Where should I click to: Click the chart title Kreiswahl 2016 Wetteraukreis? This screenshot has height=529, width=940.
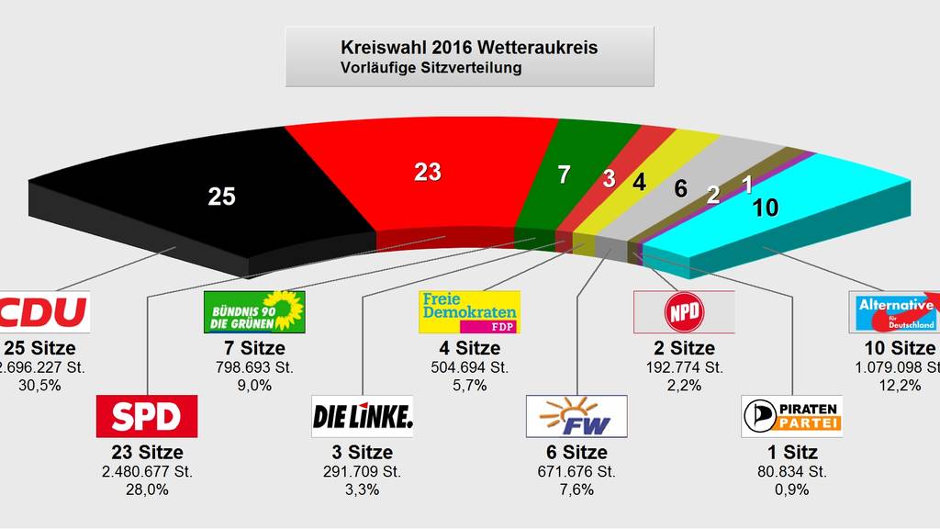click(x=469, y=47)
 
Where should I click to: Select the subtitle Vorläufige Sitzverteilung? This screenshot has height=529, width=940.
click(x=431, y=67)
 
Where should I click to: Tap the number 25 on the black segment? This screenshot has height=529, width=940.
click(x=222, y=196)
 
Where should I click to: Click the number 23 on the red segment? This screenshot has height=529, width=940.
click(x=428, y=172)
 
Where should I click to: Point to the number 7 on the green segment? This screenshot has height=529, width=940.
click(x=564, y=174)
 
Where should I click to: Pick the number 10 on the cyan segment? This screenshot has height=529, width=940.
click(x=765, y=208)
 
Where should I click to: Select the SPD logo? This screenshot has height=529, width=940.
click(x=147, y=417)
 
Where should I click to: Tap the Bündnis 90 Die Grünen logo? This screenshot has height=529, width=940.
click(x=253, y=312)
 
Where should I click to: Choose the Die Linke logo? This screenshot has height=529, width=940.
click(x=363, y=417)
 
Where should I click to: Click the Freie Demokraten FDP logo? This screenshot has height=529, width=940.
click(x=469, y=312)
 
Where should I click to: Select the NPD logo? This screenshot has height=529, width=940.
click(x=685, y=312)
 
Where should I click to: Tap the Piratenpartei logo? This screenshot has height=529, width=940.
click(x=792, y=417)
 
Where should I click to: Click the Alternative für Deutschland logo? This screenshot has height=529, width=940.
click(x=896, y=312)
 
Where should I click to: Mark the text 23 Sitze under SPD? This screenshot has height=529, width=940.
click(x=146, y=453)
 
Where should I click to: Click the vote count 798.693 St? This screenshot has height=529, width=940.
click(x=253, y=367)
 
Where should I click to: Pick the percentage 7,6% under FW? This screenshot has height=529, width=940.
click(x=577, y=490)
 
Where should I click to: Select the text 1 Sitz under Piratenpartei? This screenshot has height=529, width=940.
click(x=791, y=453)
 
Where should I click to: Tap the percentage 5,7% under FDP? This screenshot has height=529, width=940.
click(x=469, y=386)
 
